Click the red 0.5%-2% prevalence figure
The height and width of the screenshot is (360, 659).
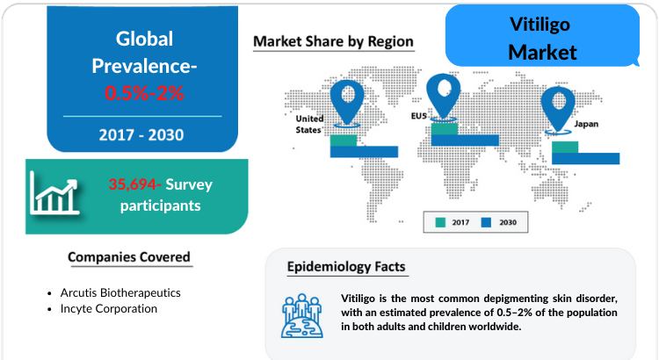(x=144, y=93)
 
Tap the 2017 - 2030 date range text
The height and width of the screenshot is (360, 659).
(x=141, y=135)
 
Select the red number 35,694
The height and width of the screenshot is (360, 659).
(x=134, y=184)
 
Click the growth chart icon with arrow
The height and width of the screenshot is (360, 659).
(x=54, y=193)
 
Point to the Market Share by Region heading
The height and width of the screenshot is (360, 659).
(x=333, y=41)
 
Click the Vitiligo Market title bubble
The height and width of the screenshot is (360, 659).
(x=542, y=36)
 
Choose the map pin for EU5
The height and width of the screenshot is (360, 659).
(x=444, y=97)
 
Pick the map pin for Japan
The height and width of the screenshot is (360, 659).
(x=558, y=110)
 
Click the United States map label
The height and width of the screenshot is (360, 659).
(x=309, y=125)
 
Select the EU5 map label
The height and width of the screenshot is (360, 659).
(x=419, y=116)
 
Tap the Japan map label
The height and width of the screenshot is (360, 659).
(x=586, y=124)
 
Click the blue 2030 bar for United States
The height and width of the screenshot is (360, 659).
(x=364, y=152)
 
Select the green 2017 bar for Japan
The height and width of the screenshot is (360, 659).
(x=565, y=147)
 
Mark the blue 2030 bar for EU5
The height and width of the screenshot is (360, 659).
(x=465, y=140)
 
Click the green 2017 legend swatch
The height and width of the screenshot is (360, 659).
(x=440, y=222)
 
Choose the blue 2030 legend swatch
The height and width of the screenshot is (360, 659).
(x=486, y=222)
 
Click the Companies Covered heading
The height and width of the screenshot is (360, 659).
(x=129, y=257)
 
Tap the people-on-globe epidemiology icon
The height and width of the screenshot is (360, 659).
(x=301, y=316)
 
